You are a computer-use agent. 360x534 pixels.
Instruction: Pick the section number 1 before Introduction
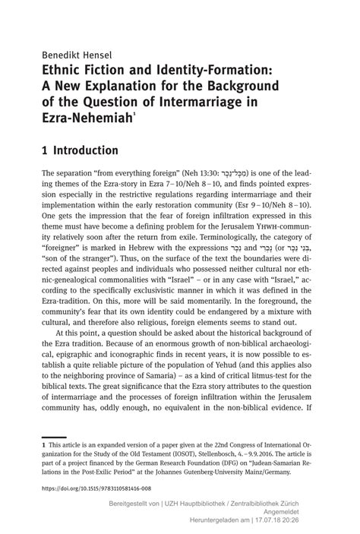coord(46,150)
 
